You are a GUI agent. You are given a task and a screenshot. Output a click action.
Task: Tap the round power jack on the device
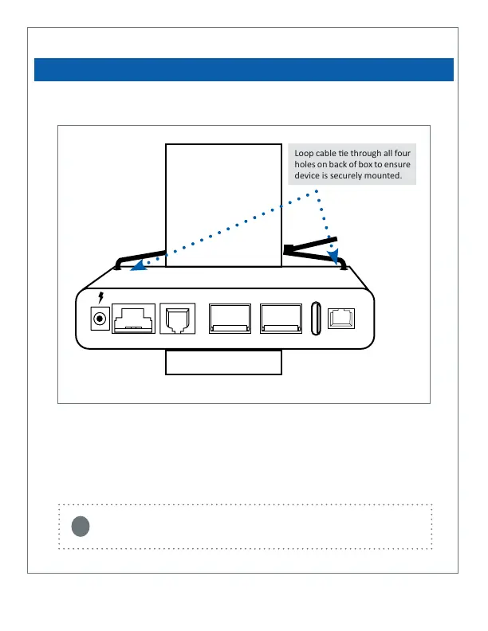(100, 319)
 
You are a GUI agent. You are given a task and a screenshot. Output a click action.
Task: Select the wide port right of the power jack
(133, 319)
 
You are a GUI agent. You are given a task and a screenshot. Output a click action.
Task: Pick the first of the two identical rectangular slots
(229, 319)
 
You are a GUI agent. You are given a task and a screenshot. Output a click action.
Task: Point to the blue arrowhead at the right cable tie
(333, 254)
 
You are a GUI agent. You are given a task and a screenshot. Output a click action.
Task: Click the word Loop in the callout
(305, 154)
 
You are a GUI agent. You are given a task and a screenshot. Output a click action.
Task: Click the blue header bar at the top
(244, 69)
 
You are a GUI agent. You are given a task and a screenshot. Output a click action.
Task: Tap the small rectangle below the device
(223, 363)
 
